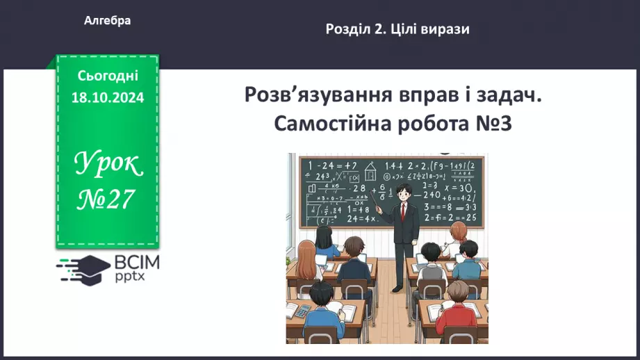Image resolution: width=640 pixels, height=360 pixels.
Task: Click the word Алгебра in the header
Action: (107, 21)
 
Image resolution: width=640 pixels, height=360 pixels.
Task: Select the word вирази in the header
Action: (444, 29)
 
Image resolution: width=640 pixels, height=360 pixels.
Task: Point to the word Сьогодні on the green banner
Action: (108, 76)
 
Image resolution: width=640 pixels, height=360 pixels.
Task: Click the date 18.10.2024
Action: (108, 98)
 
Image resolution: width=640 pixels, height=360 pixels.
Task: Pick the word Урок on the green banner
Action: (108, 164)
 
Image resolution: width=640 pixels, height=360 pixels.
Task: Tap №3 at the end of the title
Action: (493, 124)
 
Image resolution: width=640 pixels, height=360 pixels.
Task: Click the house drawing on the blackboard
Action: (370, 170)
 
